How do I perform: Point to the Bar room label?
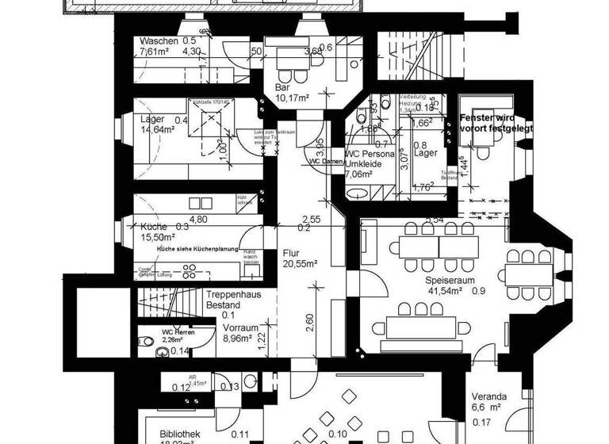tap(282, 87)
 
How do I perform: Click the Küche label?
tap(154, 227)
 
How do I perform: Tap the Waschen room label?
tap(158, 41)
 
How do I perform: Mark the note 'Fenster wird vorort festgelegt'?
tap(496, 122)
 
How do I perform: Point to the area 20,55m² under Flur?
tap(300, 263)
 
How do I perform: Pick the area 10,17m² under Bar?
tap(291, 98)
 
